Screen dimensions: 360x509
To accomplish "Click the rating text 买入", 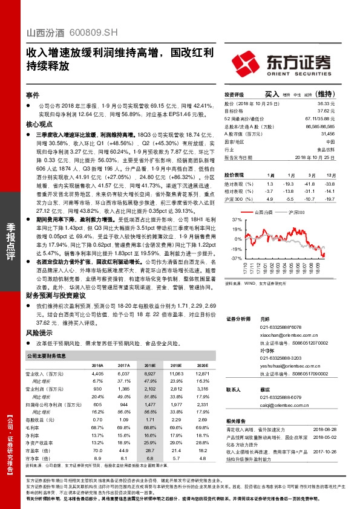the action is pyautogui.click(x=272, y=95).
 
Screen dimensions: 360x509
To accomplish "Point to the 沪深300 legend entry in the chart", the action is pyautogui.click(x=297, y=213).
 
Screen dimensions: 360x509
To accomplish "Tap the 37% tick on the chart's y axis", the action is pyautogui.click(x=237, y=221).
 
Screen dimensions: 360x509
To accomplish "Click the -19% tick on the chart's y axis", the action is pyautogui.click(x=237, y=248).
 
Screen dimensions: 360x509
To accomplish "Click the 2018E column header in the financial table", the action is pyautogui.click(x=149, y=366).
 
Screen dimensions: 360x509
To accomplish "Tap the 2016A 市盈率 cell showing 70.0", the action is pyautogui.click(x=97, y=450).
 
